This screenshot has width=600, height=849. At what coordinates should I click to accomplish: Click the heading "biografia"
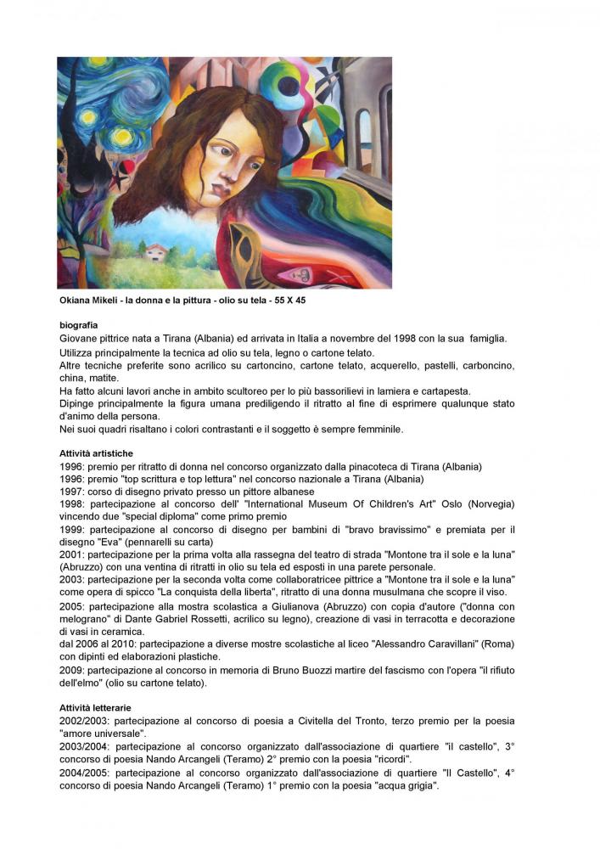pos(79,325)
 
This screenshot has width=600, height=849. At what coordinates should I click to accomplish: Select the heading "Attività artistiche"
pos(96,453)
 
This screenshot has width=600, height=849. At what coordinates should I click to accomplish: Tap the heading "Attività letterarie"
pos(95,707)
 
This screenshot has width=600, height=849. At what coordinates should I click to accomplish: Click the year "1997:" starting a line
pos(72,492)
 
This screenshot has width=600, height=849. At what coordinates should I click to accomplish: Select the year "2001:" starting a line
pos(72,554)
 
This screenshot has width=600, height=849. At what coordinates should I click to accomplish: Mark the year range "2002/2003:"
pos(85,721)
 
